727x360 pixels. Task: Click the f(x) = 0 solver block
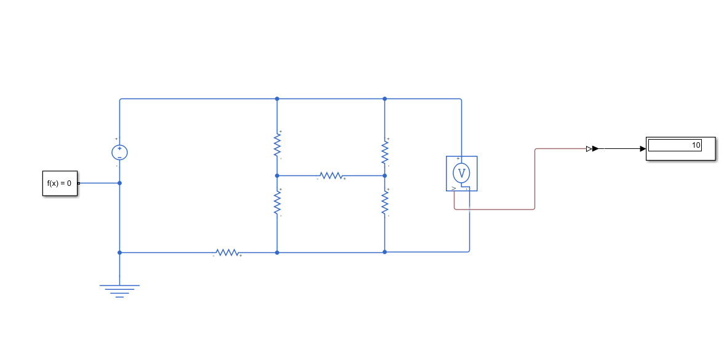click(x=60, y=183)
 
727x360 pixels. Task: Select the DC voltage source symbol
click(x=119, y=152)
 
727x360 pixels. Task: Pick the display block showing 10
click(x=680, y=148)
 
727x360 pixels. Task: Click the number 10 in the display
click(x=696, y=146)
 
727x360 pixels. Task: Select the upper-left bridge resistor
click(x=277, y=145)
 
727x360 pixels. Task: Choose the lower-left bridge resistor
click(x=277, y=202)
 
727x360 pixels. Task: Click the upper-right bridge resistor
click(x=384, y=152)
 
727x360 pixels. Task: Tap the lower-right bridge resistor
click(x=384, y=203)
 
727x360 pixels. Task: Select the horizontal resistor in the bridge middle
click(x=331, y=175)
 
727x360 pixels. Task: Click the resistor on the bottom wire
click(x=226, y=252)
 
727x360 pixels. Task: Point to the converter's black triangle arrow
click(x=595, y=148)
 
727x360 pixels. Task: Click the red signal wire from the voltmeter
click(x=535, y=185)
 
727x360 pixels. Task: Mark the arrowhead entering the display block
click(x=643, y=148)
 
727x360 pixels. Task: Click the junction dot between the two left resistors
click(x=277, y=175)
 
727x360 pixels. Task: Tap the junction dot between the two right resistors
click(x=384, y=175)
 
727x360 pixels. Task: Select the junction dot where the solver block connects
click(x=119, y=183)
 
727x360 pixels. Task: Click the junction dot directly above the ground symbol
click(x=119, y=252)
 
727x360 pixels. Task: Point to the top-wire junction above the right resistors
click(x=384, y=98)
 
